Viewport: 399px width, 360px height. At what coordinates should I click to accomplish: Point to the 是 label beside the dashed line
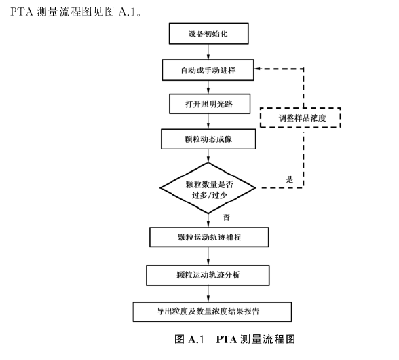pos(289,179)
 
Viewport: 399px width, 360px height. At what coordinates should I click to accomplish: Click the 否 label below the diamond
pos(226,217)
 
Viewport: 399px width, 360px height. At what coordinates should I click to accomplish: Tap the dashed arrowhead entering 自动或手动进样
pos(257,69)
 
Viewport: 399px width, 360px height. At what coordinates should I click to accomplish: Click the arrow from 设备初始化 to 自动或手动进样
pos(208,52)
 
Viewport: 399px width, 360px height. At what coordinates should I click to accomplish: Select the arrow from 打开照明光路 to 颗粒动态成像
pos(208,122)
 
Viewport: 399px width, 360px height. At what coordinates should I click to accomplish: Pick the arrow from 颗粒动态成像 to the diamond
pos(208,156)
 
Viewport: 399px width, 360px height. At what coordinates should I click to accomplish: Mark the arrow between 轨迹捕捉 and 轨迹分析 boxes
pos(208,256)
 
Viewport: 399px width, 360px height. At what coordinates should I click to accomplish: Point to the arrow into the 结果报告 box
pos(208,293)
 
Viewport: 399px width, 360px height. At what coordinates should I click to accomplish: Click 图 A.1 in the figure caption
pos(189,339)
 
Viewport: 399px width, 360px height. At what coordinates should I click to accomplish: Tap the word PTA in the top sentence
pos(22,12)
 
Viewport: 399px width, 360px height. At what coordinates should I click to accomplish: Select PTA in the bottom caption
pos(227,339)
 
